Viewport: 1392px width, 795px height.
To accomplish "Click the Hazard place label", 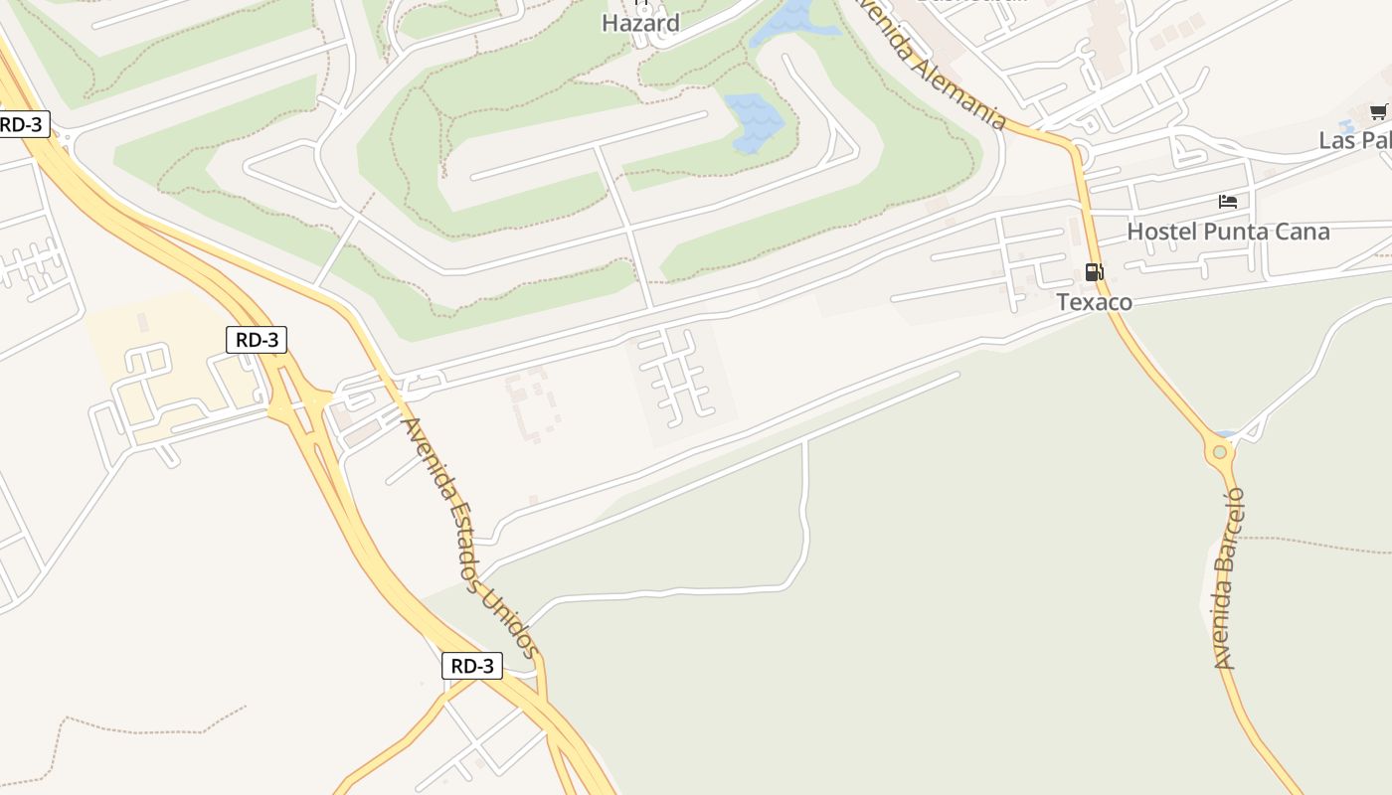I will (x=640, y=23).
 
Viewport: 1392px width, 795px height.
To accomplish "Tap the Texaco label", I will (x=1094, y=302).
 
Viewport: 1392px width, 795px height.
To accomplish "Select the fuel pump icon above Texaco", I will (x=1094, y=272).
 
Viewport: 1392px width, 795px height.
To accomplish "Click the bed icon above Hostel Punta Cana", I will (x=1228, y=202).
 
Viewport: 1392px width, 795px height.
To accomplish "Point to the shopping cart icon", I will (x=1378, y=112).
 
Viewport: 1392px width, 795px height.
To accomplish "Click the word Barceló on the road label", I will (x=1233, y=522).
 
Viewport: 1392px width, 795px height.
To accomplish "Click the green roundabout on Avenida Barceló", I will (x=1220, y=452).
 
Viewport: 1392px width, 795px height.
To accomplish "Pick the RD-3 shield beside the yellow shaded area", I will (x=257, y=340).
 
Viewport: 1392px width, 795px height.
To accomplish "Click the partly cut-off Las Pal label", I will (x=1354, y=140).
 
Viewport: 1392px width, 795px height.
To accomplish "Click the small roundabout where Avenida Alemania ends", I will (x=1081, y=155).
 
